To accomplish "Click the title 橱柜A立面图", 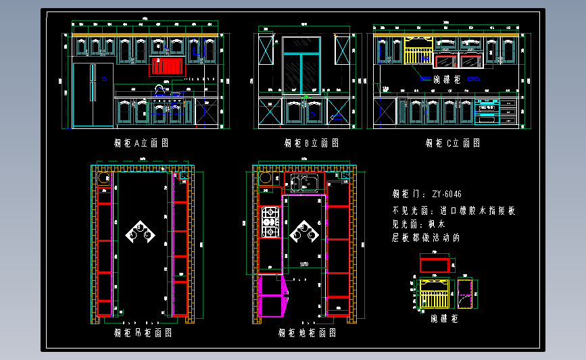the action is [141, 143].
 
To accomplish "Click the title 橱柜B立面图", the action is [311, 143].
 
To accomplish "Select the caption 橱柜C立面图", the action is [453, 143].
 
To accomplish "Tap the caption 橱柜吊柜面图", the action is [143, 332].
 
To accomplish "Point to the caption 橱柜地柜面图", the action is [308, 332].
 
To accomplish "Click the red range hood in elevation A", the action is [167, 66].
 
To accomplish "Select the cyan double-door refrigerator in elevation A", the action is [93, 95].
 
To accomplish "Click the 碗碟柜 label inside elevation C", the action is [446, 80].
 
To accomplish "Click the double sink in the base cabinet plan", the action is [304, 182].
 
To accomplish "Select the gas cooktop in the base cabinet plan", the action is [270, 222].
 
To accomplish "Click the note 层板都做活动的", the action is [426, 238].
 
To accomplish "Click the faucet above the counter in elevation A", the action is [160, 88].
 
